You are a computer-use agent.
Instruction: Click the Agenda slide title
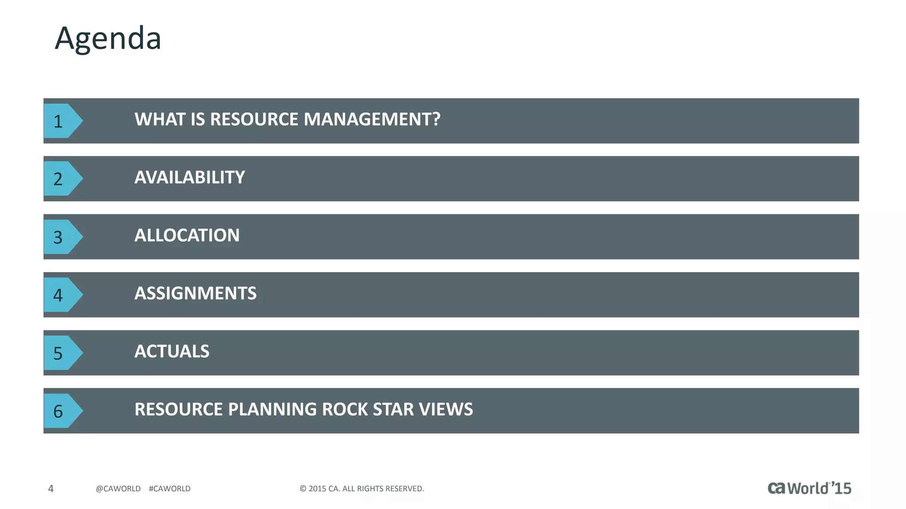(108, 38)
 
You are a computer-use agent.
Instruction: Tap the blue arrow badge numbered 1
(61, 121)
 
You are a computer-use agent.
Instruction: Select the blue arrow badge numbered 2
(61, 179)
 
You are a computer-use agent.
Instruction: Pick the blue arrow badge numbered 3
(61, 237)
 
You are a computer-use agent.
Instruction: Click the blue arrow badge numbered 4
(61, 295)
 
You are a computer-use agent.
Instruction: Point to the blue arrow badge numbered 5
(61, 353)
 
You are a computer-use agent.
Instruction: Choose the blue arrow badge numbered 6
(61, 411)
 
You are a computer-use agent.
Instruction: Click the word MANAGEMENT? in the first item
(372, 119)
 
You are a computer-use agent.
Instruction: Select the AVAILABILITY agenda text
(189, 178)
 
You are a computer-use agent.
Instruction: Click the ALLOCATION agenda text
(187, 236)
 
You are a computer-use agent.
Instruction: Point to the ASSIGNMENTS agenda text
(195, 293)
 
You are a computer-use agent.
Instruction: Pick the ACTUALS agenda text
(172, 352)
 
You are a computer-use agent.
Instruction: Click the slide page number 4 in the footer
(51, 489)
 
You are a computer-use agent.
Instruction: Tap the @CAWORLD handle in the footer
(118, 489)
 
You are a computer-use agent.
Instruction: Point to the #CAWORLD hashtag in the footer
(169, 489)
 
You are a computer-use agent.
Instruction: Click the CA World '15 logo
(809, 488)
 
